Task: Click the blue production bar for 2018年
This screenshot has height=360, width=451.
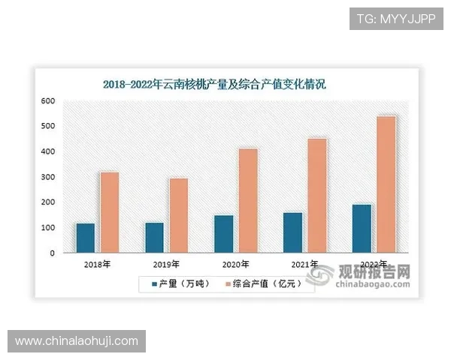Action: point(86,238)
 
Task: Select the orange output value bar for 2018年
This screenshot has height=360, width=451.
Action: point(110,212)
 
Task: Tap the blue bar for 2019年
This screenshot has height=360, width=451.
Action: point(154,238)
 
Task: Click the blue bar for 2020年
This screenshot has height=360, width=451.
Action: point(223,234)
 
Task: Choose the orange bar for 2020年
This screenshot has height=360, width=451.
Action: point(247,200)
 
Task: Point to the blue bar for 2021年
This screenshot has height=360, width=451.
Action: point(292,232)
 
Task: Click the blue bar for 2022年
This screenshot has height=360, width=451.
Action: point(362,229)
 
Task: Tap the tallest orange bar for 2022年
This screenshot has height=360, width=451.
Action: point(386,184)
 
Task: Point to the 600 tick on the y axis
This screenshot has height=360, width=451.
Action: point(48,100)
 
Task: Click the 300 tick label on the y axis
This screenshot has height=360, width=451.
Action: point(48,177)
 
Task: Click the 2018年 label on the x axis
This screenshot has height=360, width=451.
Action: point(98,265)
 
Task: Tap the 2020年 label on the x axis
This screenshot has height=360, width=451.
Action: point(235,265)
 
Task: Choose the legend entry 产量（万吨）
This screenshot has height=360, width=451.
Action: point(180,283)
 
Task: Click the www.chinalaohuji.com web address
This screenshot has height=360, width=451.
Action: point(77,341)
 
